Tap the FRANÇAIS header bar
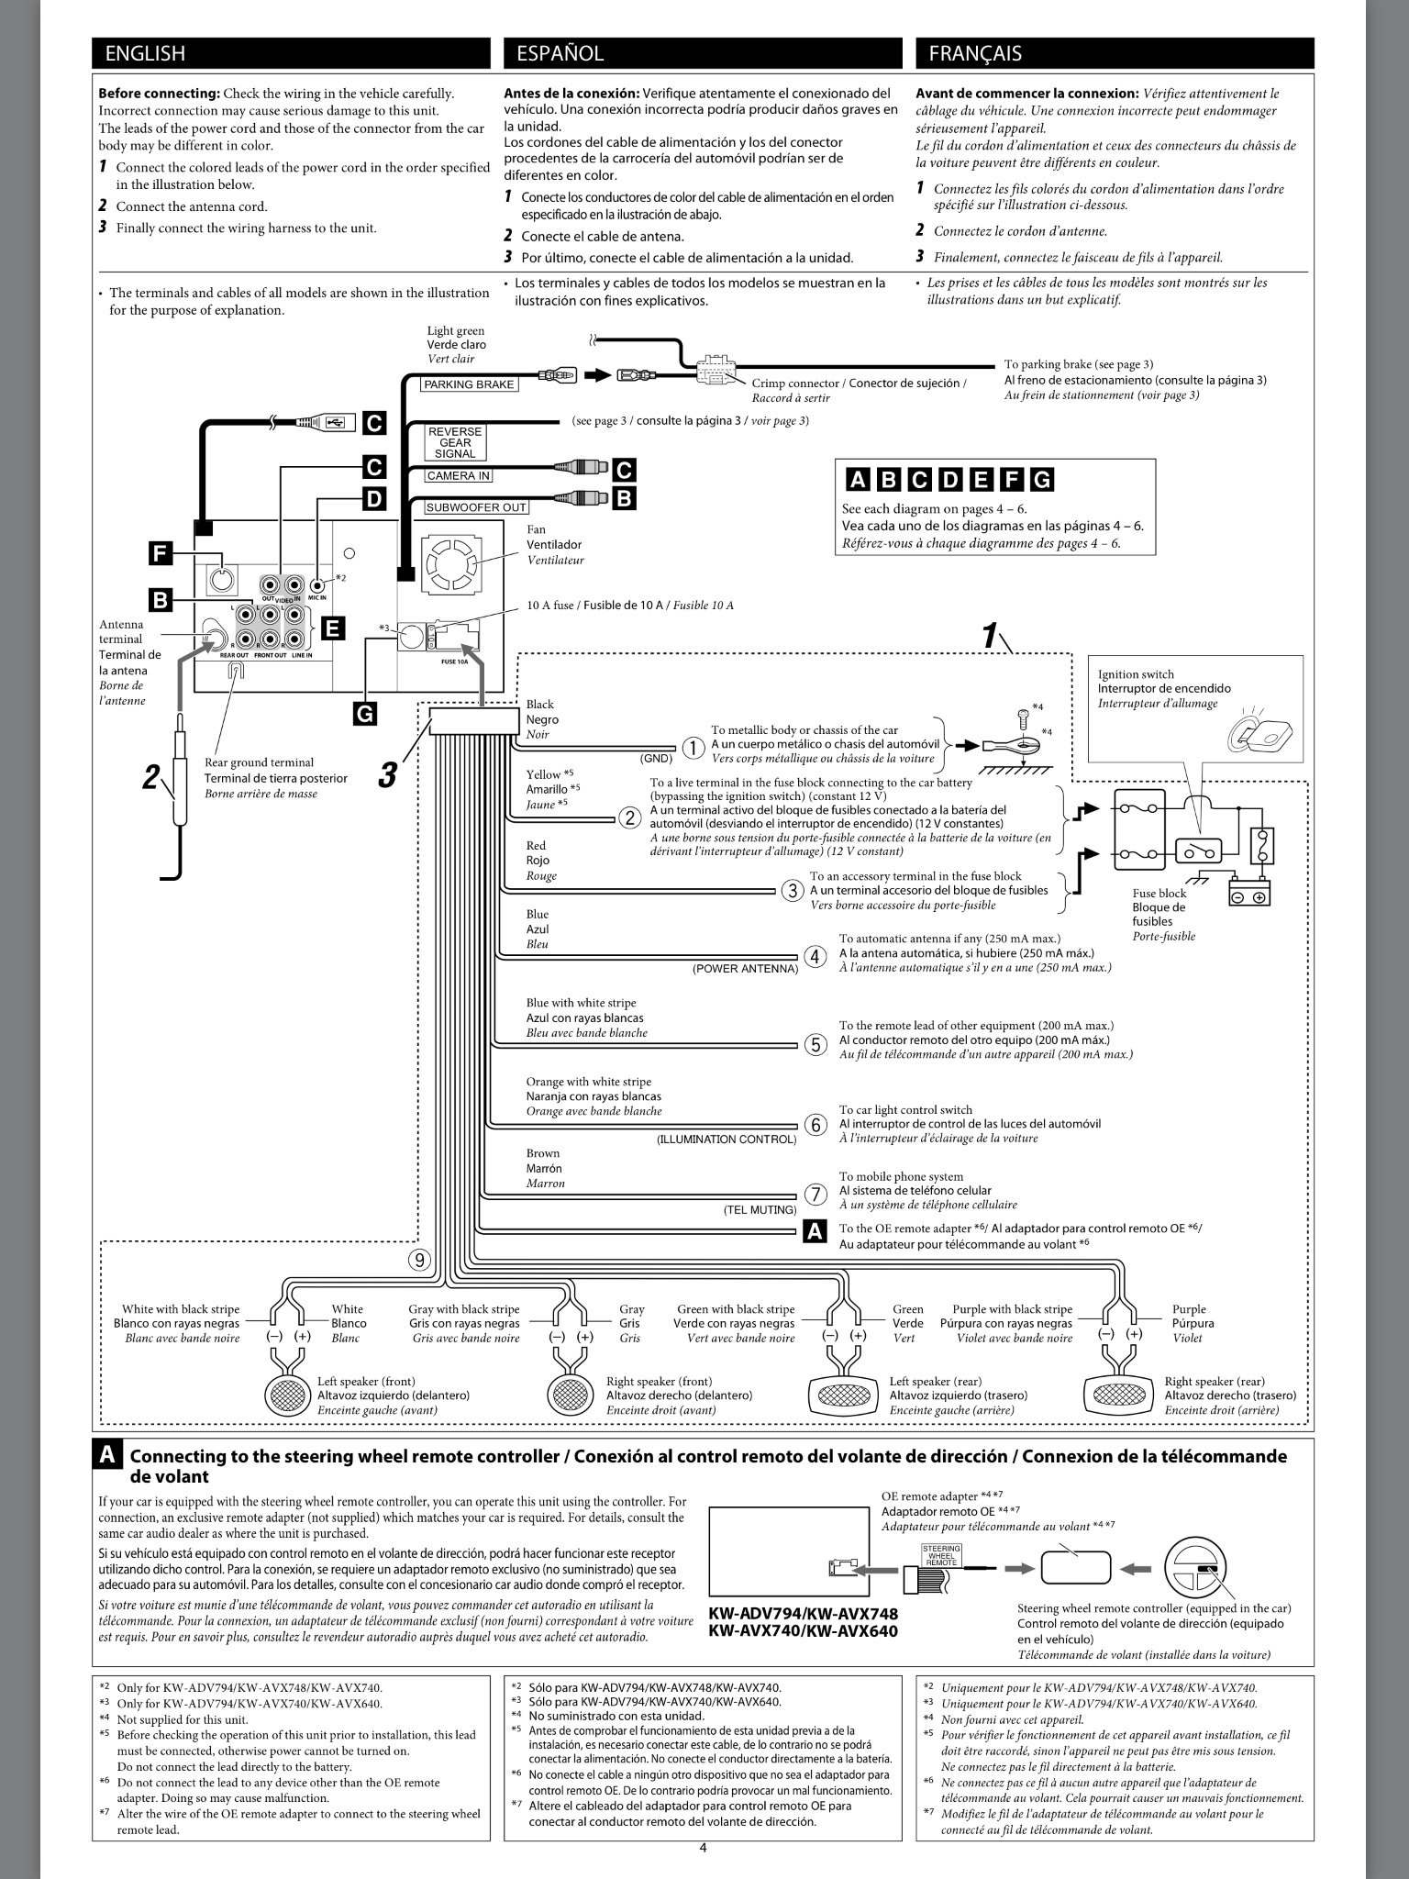[x=1114, y=53]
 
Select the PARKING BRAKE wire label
[x=469, y=384]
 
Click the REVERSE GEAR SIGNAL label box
[x=455, y=442]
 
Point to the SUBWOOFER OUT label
[x=477, y=507]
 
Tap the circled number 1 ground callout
[x=693, y=749]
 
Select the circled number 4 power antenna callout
[x=815, y=956]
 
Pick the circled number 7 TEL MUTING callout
[x=815, y=1195]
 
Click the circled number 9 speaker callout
[x=419, y=1260]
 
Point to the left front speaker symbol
[x=289, y=1395]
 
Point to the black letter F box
[x=161, y=553]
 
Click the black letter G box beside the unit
[x=364, y=713]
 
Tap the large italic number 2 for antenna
[x=151, y=777]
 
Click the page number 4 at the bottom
[x=703, y=1848]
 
